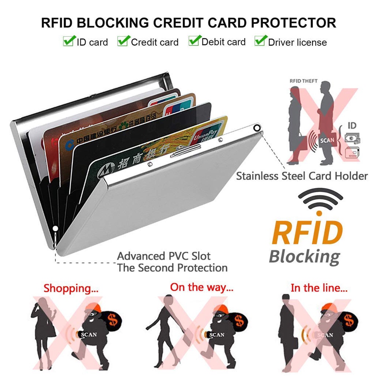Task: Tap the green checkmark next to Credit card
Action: tap(123, 40)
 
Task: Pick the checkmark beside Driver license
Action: tap(261, 40)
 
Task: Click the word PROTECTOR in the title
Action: tap(294, 23)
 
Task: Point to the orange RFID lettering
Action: tap(307, 233)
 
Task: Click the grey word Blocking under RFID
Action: tap(304, 257)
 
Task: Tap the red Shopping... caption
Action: tap(71, 289)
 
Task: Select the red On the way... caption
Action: tap(202, 287)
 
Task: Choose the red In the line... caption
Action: tap(319, 288)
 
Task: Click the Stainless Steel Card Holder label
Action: tap(302, 176)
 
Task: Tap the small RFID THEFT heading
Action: tap(303, 81)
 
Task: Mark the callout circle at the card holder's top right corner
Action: tap(257, 128)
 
